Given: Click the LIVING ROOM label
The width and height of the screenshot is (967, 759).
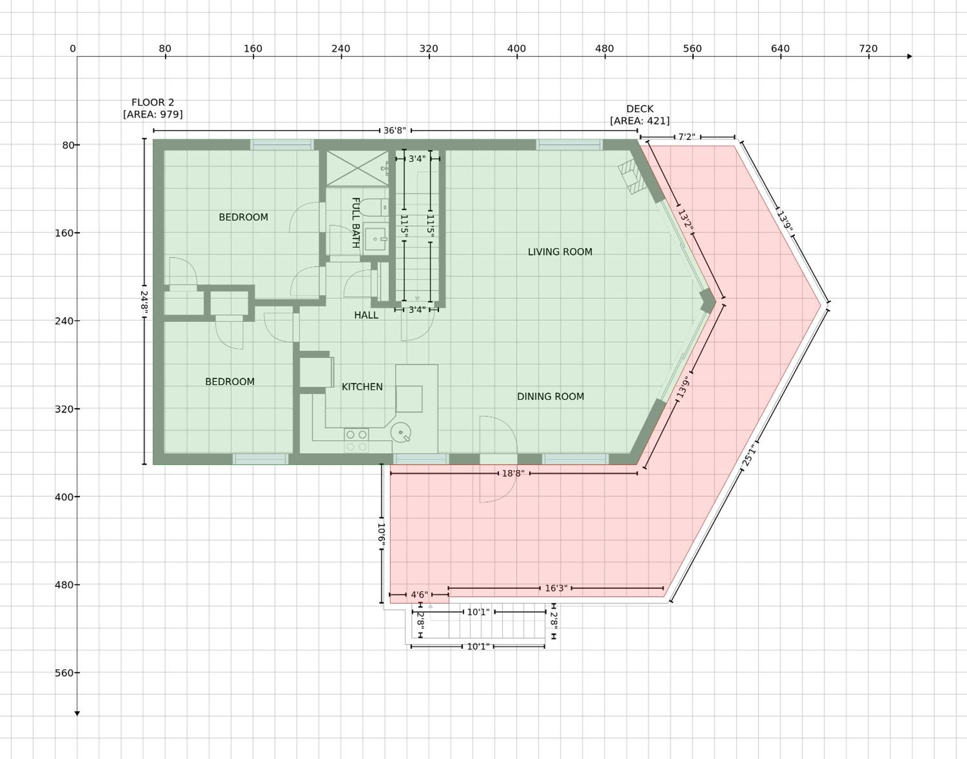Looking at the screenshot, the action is (560, 252).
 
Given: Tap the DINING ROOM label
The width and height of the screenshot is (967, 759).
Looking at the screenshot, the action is (550, 396).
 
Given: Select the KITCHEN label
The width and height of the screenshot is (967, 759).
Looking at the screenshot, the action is (362, 387).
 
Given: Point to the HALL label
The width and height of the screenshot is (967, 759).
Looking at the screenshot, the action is (366, 315).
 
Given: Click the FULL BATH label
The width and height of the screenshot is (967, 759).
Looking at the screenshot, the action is (355, 222).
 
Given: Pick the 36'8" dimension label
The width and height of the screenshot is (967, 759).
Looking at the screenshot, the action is (395, 131).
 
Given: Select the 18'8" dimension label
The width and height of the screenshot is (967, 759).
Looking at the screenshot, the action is (513, 474).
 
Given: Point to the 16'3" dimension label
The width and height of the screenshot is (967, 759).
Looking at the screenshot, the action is (556, 588).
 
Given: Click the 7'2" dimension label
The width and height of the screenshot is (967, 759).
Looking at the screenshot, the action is (687, 137).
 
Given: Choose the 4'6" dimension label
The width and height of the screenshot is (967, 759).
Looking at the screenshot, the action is (419, 595).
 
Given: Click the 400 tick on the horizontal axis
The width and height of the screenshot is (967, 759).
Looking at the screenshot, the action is (517, 56).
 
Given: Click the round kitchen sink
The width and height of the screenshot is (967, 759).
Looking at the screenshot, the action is (401, 432).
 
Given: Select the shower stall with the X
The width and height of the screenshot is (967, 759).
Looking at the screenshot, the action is (357, 168).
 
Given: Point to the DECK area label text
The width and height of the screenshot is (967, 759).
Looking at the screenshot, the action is (640, 115).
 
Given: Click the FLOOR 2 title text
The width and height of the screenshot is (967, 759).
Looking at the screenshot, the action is (153, 103).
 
